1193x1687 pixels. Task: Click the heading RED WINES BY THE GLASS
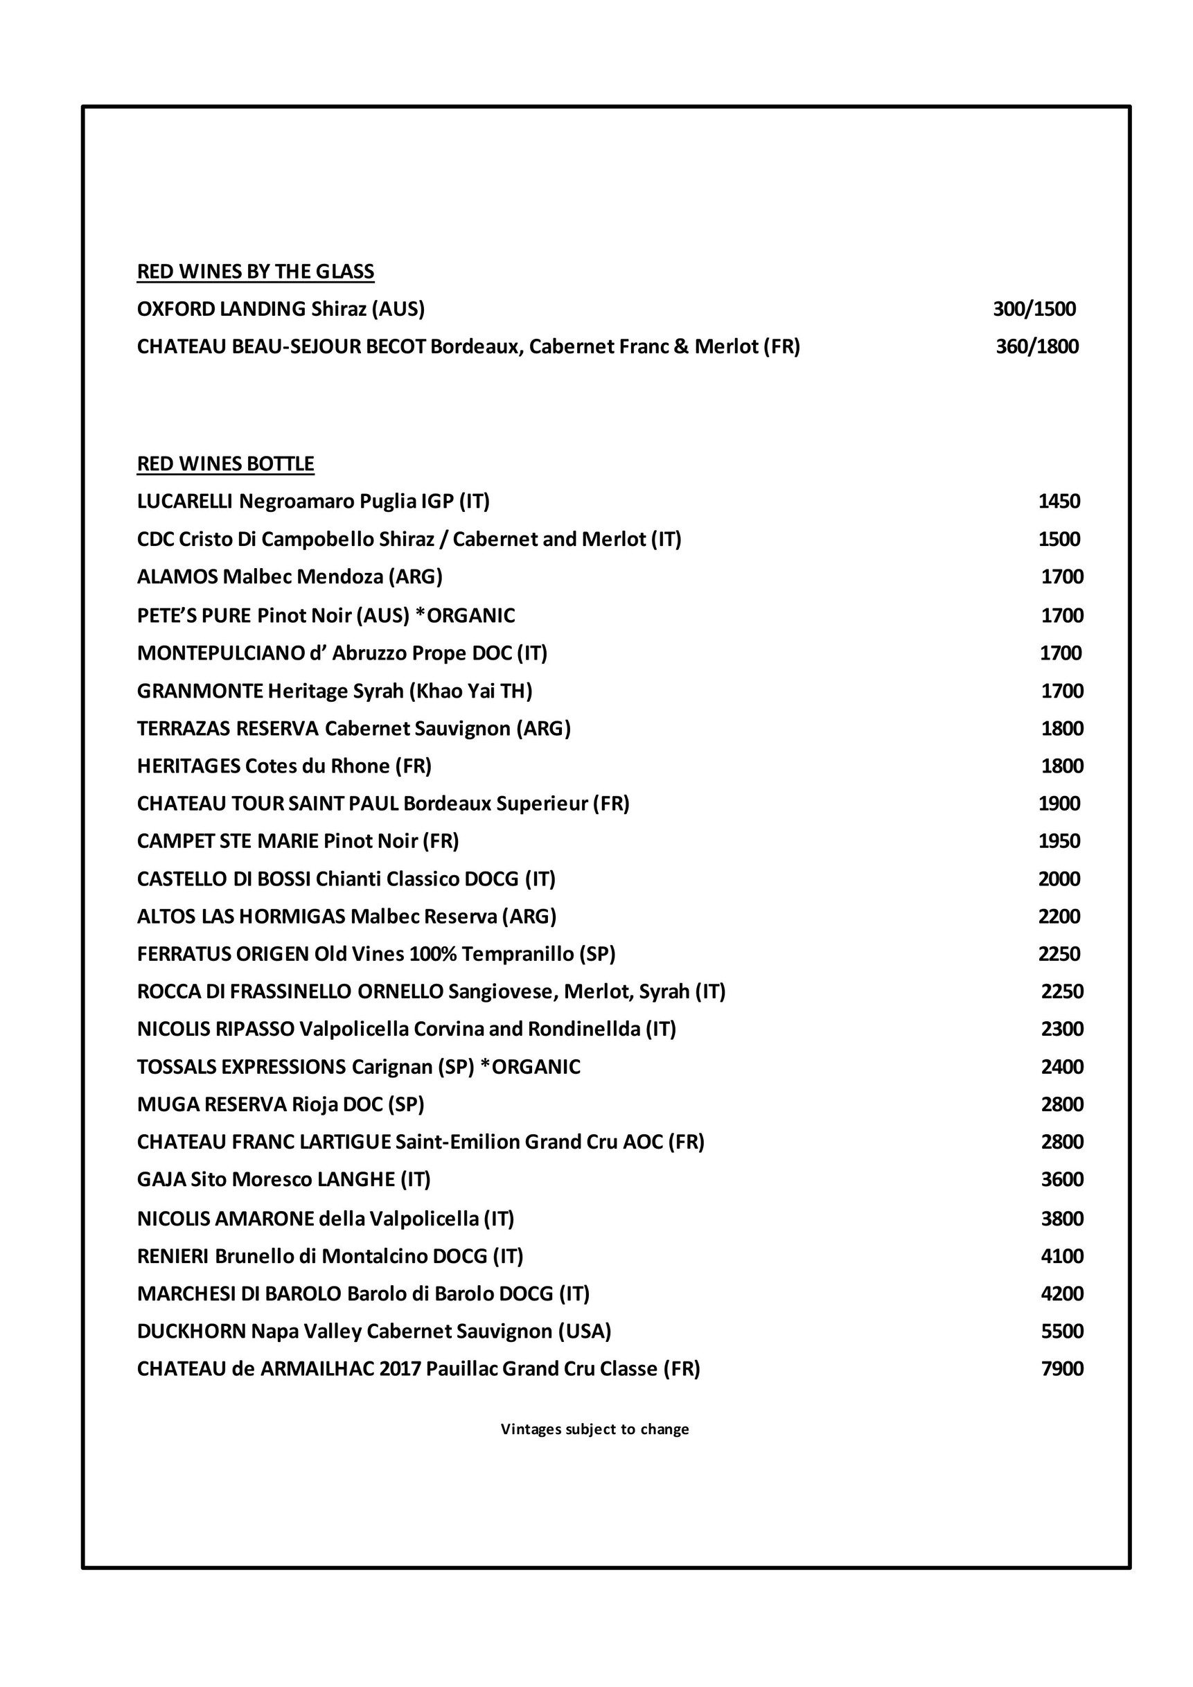256,272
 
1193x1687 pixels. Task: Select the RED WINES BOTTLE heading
226,463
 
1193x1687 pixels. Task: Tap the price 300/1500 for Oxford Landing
1034,308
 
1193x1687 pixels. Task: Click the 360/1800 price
1037,346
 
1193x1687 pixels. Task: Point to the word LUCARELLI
185,501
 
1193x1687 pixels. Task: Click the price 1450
1059,501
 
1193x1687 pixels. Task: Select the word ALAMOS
178,577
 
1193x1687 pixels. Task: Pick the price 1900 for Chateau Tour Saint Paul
1059,803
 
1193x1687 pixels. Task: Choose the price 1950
1059,840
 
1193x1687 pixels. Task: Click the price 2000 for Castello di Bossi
1059,878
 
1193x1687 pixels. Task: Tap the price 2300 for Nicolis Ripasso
1062,1029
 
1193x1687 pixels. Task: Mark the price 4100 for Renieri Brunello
1062,1255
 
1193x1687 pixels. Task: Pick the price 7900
1062,1369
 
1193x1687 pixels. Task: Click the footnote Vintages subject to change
595,1429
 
